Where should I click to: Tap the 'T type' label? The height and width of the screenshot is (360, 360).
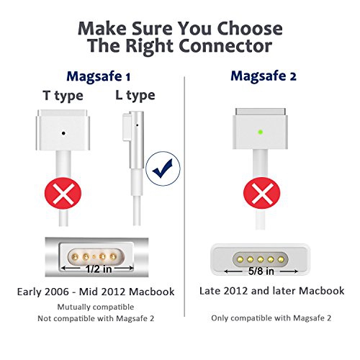click(64, 96)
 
